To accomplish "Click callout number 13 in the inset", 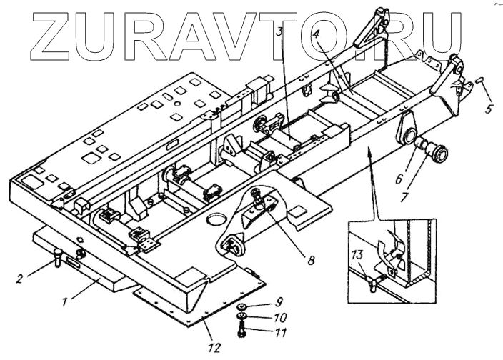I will pyautogui.click(x=356, y=254).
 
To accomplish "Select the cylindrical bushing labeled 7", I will pyautogui.click(x=437, y=152).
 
